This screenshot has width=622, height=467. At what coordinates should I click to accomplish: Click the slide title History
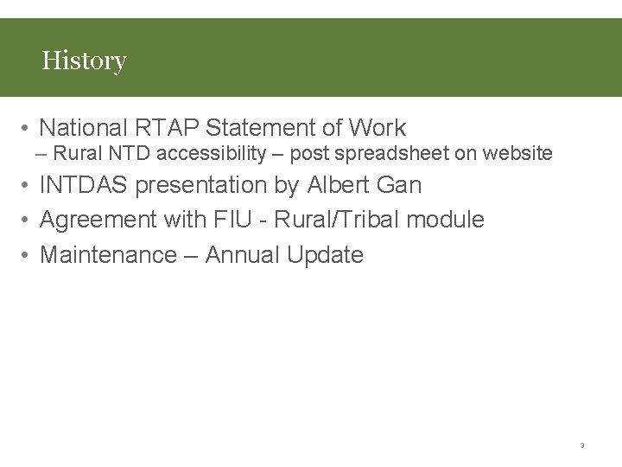pyautogui.click(x=84, y=61)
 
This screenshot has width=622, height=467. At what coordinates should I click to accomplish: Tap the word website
pyautogui.click(x=517, y=154)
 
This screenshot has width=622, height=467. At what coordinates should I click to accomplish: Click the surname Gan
pyautogui.click(x=400, y=185)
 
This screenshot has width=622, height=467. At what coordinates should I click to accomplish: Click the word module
pyautogui.click(x=445, y=220)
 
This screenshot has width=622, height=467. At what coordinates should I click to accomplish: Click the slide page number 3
pyautogui.click(x=581, y=445)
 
